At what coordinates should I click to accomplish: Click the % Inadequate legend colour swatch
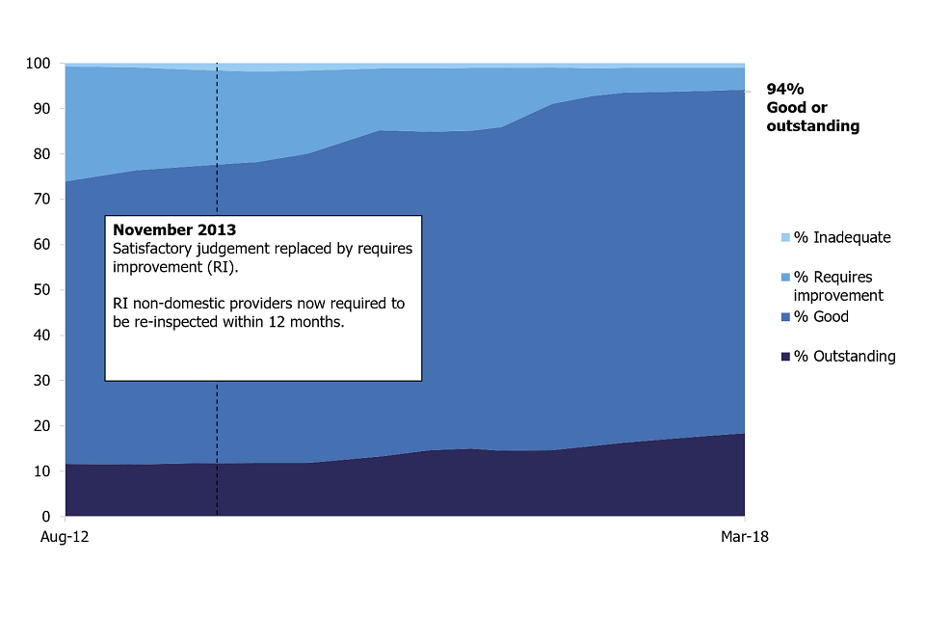click(785, 237)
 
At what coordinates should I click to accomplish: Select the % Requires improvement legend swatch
click(785, 278)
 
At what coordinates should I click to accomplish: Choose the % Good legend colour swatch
click(785, 317)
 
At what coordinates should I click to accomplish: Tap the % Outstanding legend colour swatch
click(785, 357)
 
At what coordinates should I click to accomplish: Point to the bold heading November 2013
click(174, 230)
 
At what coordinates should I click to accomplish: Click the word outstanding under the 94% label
click(812, 126)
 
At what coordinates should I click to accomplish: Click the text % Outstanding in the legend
click(845, 357)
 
